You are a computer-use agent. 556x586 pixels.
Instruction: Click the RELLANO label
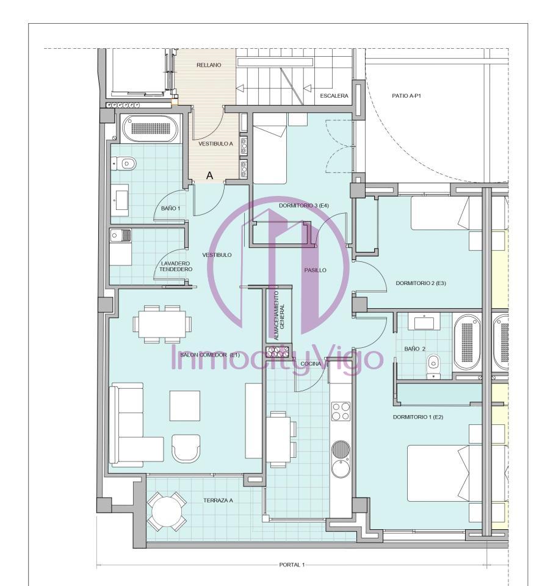tap(209, 65)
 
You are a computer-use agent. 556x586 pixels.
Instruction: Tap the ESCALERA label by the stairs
tap(334, 96)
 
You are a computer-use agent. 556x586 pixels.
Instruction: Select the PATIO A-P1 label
tap(406, 96)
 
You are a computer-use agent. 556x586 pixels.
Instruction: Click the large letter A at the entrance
tap(209, 175)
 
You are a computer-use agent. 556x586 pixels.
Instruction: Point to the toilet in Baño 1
tap(125, 164)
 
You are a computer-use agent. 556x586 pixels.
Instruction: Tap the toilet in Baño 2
tap(433, 367)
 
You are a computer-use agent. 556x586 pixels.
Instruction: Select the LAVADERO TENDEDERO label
tap(176, 267)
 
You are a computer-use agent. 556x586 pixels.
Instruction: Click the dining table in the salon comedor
tap(162, 324)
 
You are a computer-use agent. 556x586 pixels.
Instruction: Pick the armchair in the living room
tap(186, 447)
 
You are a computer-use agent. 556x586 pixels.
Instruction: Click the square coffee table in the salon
tap(184, 406)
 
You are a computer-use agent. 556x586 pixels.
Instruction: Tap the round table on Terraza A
tap(167, 512)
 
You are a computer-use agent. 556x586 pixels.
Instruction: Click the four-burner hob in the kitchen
tap(341, 411)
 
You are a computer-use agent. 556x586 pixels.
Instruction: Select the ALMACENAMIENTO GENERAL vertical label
tap(279, 316)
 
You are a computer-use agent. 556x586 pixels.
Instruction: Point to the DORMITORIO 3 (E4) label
tap(304, 206)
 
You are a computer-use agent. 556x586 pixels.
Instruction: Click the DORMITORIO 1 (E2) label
tap(417, 417)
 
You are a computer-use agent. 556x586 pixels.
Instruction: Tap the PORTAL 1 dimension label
tap(292, 565)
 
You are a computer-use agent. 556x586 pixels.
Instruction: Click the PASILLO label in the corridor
tap(315, 270)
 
